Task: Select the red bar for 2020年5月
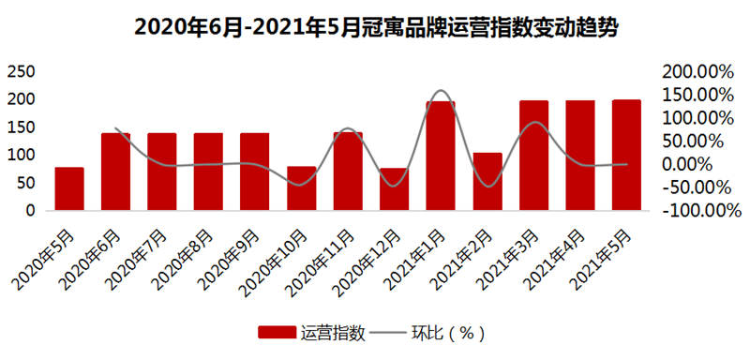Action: [x=69, y=188]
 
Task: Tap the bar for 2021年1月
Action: [x=441, y=156]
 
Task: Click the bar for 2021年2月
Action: [x=487, y=181]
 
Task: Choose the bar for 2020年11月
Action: [x=348, y=171]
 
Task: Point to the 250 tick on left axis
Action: [x=22, y=71]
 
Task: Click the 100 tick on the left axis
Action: [x=22, y=155]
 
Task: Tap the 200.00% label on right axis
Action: [x=697, y=71]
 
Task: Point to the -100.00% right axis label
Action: [x=699, y=211]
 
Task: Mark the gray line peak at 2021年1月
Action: [x=442, y=91]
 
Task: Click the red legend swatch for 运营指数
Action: [x=278, y=333]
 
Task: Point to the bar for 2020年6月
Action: [x=115, y=172]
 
